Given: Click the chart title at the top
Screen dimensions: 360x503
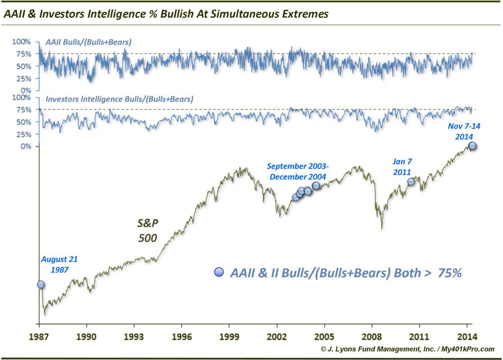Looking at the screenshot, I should click(x=166, y=13).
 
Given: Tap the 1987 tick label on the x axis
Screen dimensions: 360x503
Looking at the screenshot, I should click(x=39, y=337).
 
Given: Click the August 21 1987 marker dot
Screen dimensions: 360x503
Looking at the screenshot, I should click(x=40, y=284).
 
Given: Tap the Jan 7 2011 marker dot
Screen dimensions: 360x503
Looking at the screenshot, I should click(x=411, y=182).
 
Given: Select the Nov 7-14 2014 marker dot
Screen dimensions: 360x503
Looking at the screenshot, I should click(x=472, y=145).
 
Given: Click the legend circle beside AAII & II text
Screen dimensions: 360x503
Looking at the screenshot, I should click(x=219, y=272).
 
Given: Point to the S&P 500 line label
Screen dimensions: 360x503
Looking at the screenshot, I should click(x=147, y=231).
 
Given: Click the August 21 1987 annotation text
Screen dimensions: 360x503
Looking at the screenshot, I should click(x=59, y=264).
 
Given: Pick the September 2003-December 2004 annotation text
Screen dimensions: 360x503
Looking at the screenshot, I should click(x=298, y=171).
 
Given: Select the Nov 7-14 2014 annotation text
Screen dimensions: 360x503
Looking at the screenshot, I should click(x=464, y=131).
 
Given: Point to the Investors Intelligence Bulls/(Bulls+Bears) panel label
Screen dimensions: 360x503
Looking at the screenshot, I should click(x=119, y=99).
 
